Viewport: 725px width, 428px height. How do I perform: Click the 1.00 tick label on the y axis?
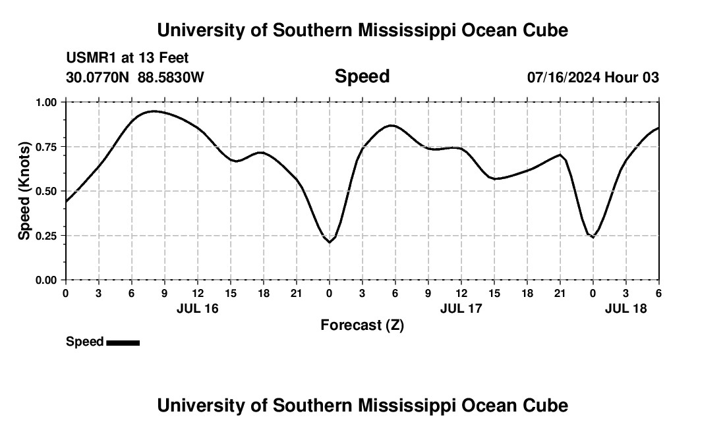45,102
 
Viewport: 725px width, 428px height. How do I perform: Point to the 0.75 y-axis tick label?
45,147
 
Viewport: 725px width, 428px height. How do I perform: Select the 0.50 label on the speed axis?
45,191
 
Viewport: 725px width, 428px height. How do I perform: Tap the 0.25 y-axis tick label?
45,236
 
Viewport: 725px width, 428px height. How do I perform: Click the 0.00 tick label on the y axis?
45,281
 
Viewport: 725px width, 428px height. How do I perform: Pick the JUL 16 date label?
197,308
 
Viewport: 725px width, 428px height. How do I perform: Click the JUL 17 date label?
461,308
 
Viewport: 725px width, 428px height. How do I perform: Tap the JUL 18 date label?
625,308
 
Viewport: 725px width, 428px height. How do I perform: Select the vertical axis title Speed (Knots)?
24,191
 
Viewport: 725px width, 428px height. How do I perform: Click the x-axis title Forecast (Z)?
362,325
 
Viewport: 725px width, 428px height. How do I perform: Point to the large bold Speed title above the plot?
362,76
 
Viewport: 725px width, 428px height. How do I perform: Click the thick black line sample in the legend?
123,342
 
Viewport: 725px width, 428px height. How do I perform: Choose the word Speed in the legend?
84,342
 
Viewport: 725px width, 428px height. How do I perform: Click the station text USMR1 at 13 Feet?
127,59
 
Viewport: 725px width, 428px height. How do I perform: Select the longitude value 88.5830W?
171,78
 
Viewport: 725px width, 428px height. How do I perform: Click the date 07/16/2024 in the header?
564,78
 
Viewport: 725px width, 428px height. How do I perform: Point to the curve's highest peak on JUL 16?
154,111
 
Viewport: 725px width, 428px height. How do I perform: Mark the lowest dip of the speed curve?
330,242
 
